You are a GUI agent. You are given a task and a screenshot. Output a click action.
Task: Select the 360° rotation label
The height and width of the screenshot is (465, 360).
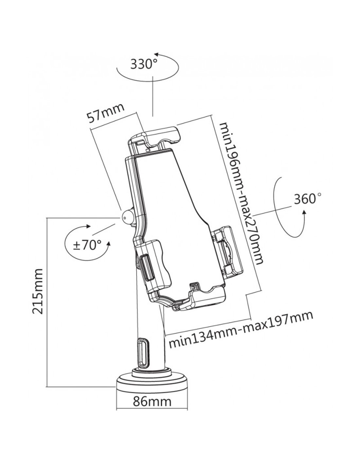click(307, 199)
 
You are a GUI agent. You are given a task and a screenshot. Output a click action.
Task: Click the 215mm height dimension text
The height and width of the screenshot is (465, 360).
click(38, 291)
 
